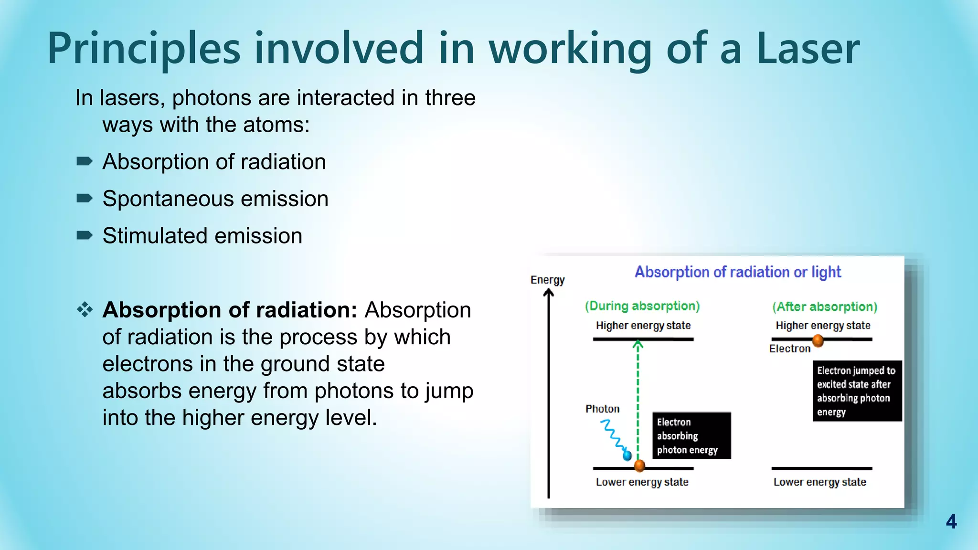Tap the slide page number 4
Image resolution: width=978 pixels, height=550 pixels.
coord(951,521)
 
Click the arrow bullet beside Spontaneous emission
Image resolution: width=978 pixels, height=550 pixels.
coord(85,198)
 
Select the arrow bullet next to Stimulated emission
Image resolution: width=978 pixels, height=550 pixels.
coord(85,235)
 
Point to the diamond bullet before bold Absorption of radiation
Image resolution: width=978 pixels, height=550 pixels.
coord(85,310)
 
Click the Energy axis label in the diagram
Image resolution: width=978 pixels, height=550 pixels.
coord(547,280)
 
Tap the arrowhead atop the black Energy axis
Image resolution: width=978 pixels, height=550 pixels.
coord(549,293)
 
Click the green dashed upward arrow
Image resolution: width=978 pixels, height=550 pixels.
coord(638,396)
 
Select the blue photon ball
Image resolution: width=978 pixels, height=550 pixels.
coord(627,455)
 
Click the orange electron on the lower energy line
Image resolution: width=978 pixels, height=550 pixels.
coord(639,465)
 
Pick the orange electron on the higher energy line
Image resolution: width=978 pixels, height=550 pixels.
coord(818,340)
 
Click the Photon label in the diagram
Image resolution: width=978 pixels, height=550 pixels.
coord(602,409)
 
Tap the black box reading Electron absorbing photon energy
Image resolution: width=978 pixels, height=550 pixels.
coord(691,436)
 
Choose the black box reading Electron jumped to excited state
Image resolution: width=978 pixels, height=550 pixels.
coord(857,391)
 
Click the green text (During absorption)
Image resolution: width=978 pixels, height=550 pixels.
coord(642,306)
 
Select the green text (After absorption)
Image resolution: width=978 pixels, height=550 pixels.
coord(825,307)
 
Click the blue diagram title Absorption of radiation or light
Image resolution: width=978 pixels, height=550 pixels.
coord(737,272)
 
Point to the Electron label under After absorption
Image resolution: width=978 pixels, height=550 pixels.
coord(789,349)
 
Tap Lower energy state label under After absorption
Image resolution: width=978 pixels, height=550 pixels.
coord(819,482)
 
